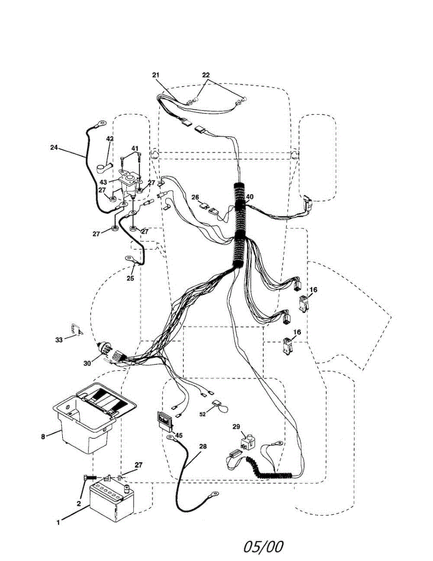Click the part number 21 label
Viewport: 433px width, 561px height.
[x=156, y=75]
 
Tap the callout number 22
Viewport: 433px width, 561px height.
[x=206, y=75]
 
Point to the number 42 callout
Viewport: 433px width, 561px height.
[x=110, y=139]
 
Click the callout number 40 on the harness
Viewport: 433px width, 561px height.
[x=250, y=197]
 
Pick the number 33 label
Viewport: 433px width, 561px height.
[x=59, y=340]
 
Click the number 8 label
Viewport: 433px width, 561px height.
[x=43, y=436]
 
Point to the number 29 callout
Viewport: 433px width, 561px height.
[x=236, y=427]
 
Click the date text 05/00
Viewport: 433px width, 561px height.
[x=263, y=546]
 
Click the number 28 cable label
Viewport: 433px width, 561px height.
[x=202, y=446]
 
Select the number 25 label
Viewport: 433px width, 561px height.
[x=130, y=278]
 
